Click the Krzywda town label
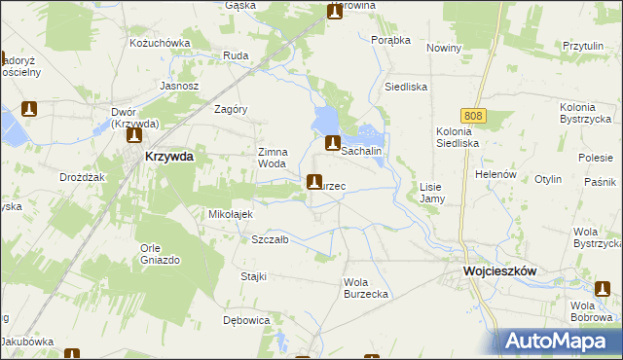[169, 156]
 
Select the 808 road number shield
[473, 116]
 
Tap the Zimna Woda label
[272, 158]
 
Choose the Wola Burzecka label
[366, 288]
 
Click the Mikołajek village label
[231, 214]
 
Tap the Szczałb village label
[270, 239]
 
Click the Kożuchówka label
[160, 44]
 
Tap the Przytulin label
[584, 46]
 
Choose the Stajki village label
[253, 276]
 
